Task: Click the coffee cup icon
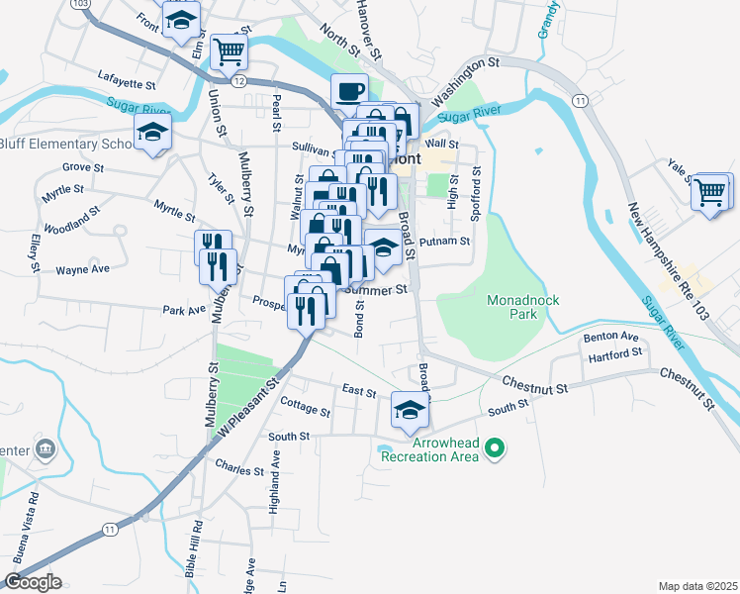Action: (349, 92)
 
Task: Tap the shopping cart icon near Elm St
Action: (229, 49)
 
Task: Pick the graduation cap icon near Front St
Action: (181, 19)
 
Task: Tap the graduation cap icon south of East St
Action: (409, 410)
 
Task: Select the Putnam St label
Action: (443, 242)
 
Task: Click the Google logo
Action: (32, 582)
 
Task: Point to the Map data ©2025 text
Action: (696, 586)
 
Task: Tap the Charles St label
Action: (239, 468)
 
